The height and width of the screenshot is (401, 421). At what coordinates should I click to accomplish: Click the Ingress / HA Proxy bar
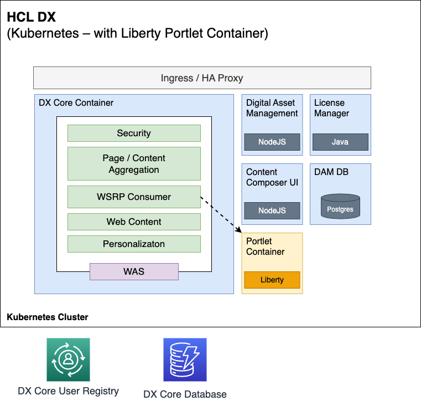click(x=202, y=78)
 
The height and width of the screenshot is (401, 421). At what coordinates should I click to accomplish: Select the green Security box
click(x=134, y=133)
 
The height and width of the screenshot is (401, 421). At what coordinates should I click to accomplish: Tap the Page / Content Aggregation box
click(x=134, y=164)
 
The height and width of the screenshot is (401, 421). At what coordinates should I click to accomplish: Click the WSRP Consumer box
click(x=134, y=197)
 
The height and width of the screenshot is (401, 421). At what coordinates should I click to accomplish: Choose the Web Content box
click(x=134, y=222)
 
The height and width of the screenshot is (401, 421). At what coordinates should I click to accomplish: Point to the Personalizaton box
click(x=134, y=244)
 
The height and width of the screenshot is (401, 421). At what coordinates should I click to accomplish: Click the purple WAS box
click(x=134, y=271)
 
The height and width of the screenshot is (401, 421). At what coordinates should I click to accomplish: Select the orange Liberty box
click(x=272, y=280)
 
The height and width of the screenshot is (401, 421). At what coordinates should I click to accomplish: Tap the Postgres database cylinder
click(x=340, y=206)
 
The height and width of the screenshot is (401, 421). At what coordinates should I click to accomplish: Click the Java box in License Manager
click(x=340, y=142)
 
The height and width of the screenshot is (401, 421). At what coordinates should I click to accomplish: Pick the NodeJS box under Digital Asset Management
click(x=272, y=142)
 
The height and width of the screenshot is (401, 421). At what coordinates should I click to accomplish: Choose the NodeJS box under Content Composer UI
click(x=272, y=210)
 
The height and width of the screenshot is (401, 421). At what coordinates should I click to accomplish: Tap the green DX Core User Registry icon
click(x=68, y=360)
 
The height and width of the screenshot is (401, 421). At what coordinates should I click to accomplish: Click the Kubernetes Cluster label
click(x=48, y=317)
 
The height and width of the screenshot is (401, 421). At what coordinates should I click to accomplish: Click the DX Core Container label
click(x=76, y=103)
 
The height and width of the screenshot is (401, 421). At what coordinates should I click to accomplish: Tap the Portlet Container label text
click(x=265, y=246)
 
